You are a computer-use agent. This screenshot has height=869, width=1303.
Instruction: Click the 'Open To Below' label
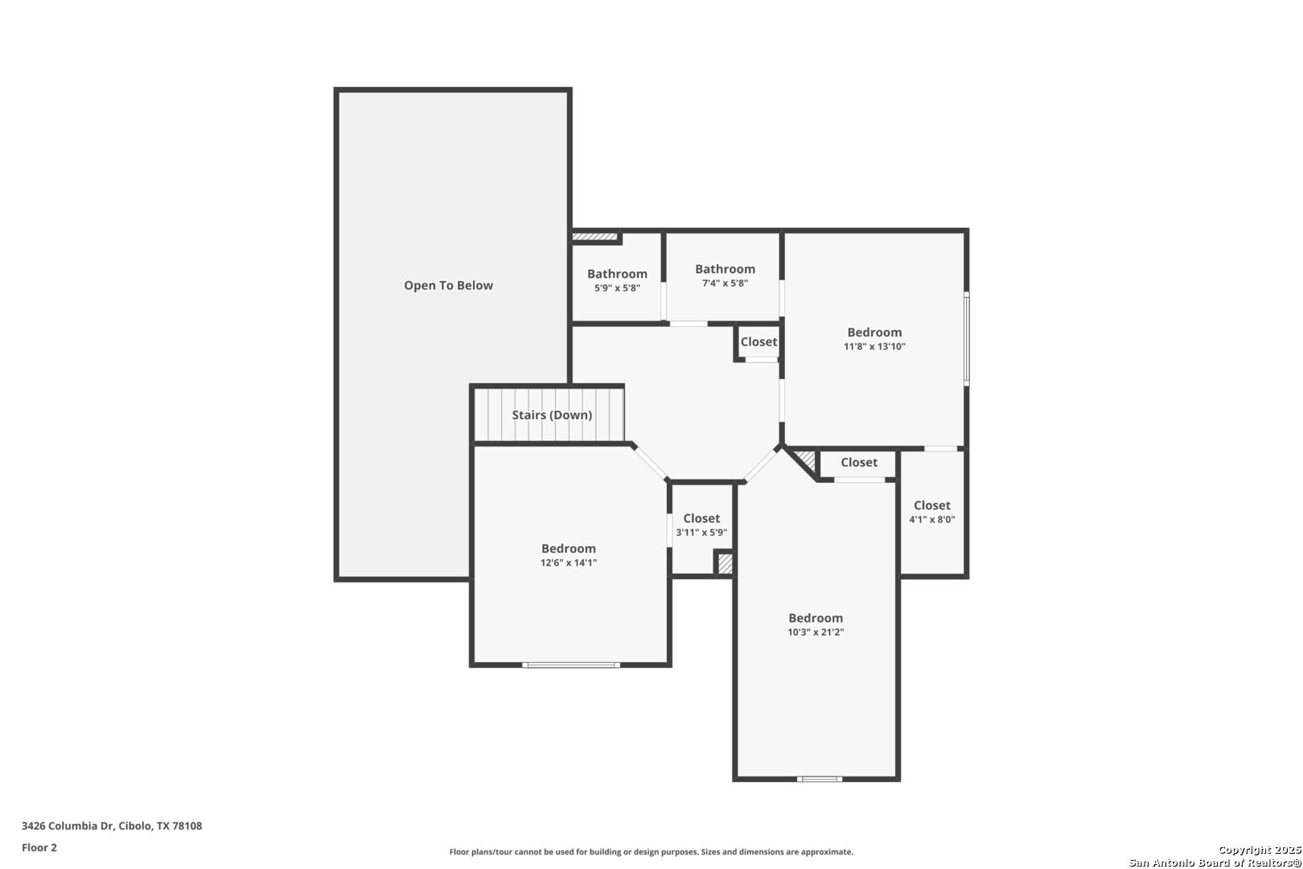coord(449,285)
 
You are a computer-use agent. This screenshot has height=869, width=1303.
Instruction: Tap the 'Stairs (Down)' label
coord(552,415)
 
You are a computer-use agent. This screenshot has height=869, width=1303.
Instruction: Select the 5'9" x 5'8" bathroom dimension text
coord(617,287)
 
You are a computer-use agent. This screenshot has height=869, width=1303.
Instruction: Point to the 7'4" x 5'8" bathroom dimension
coord(725,283)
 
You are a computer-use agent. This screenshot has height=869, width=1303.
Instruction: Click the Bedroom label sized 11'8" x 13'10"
coord(874,332)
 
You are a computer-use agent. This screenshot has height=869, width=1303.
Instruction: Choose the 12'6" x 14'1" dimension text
coord(569,562)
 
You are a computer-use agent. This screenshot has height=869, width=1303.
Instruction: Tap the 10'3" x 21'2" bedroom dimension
coord(816,632)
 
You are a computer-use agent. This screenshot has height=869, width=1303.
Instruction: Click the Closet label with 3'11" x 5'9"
coord(701,518)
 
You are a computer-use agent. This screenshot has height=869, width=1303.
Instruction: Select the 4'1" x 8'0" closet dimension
coord(932,519)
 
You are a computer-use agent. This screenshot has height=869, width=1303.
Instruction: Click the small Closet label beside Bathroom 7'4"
coord(758,342)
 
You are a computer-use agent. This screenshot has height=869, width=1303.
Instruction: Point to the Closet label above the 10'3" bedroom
coord(859,462)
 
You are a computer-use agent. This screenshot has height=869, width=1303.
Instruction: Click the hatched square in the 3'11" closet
coord(725,564)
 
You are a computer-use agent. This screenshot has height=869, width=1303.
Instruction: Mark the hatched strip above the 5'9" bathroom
coord(594,237)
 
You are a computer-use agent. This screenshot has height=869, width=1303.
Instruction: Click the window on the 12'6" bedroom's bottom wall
coord(570,665)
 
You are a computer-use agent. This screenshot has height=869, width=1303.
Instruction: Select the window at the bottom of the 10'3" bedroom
coord(819,779)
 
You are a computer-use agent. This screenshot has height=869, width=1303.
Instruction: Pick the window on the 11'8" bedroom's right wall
coord(967,338)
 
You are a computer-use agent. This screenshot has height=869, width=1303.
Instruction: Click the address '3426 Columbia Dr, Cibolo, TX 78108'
coord(112,826)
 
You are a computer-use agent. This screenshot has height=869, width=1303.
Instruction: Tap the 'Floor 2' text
coord(39,847)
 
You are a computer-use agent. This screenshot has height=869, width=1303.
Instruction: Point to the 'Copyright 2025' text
coord(1260,850)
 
